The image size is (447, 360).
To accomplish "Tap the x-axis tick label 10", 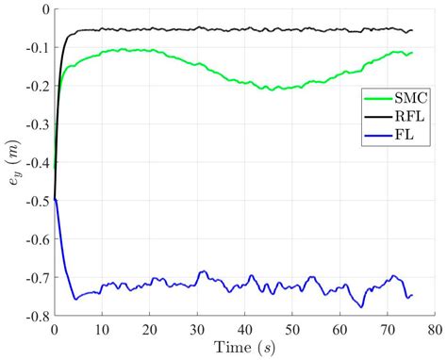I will pos(102,330).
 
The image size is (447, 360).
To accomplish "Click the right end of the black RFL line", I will pos(412,30).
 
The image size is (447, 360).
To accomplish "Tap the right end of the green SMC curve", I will pos(412,52).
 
